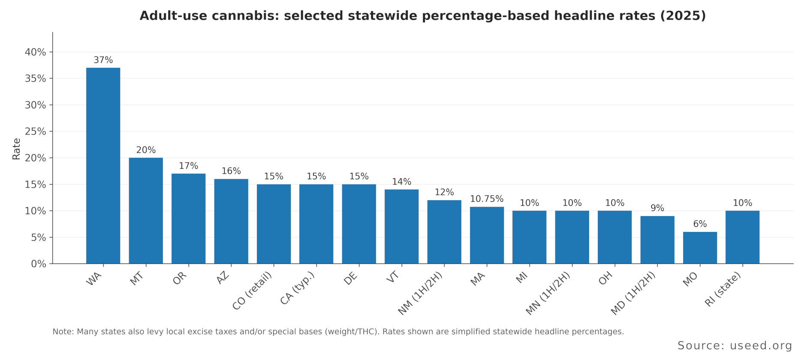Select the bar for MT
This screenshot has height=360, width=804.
point(146,210)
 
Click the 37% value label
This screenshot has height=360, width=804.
point(103,60)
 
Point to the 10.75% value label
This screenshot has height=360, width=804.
point(487,199)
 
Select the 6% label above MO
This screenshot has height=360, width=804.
point(700,224)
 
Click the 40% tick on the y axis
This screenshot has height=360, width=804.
point(35,52)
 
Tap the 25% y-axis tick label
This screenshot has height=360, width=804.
point(35,132)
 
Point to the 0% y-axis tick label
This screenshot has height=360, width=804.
point(38,264)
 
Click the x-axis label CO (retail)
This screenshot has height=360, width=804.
point(253,291)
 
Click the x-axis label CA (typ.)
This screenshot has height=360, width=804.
point(298,288)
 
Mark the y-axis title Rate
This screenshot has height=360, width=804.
point(16,149)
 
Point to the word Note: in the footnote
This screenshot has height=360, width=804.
point(63,332)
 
